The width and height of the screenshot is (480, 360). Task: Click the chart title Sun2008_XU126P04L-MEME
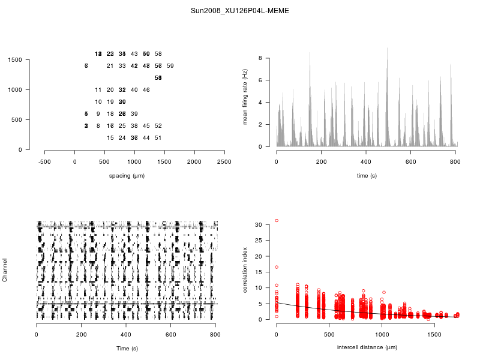pos(239,11)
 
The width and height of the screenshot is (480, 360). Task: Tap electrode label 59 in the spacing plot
pos(170,66)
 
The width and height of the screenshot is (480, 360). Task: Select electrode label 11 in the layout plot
pos(98,90)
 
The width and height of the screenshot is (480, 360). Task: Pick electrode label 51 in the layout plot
pos(158,138)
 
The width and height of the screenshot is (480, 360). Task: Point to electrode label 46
pos(146,90)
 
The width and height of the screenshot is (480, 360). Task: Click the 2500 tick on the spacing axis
pos(224,162)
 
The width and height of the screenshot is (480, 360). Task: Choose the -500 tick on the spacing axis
pos(45,162)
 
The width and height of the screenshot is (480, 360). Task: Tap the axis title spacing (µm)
pos(127,176)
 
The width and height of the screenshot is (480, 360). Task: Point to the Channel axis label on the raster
pos(5,271)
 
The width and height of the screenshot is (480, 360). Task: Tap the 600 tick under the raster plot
pos(171,335)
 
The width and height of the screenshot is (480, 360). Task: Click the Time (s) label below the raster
pos(127,349)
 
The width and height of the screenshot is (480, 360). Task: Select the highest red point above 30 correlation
pos(277,221)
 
